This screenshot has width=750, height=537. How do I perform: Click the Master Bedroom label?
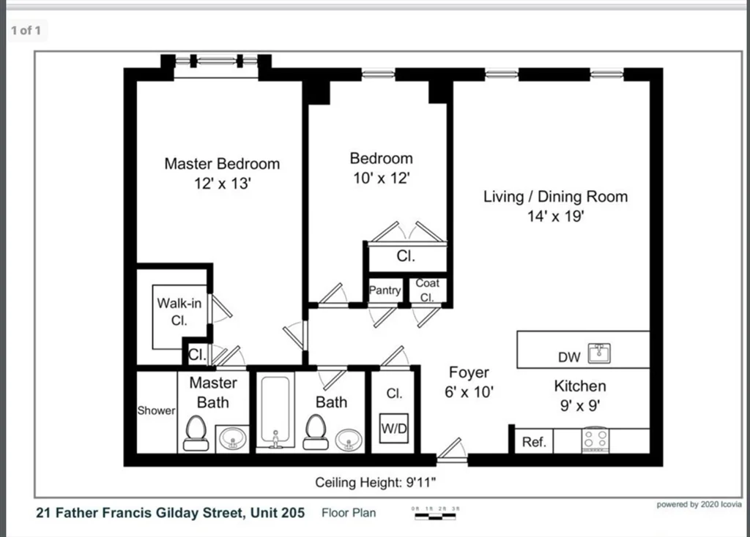221,164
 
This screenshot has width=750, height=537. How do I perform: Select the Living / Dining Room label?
555,197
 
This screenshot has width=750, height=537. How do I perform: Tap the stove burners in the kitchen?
594,440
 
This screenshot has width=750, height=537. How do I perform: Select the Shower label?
156,411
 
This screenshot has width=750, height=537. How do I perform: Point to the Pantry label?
385,290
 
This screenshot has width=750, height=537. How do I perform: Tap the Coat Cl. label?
427,290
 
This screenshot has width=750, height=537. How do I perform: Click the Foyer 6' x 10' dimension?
469,392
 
